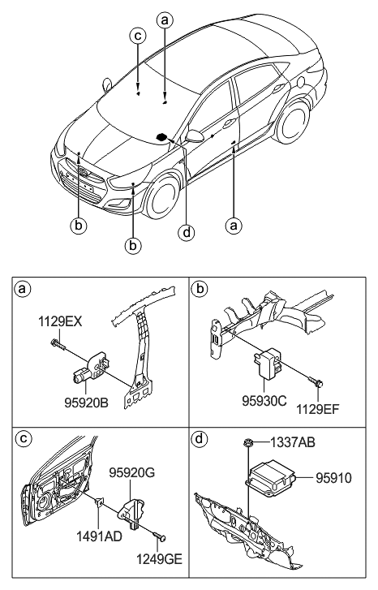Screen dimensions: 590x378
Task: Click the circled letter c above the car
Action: click(139, 37)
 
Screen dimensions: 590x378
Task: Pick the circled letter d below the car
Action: click(187, 233)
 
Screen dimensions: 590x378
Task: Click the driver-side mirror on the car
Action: click(194, 133)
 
